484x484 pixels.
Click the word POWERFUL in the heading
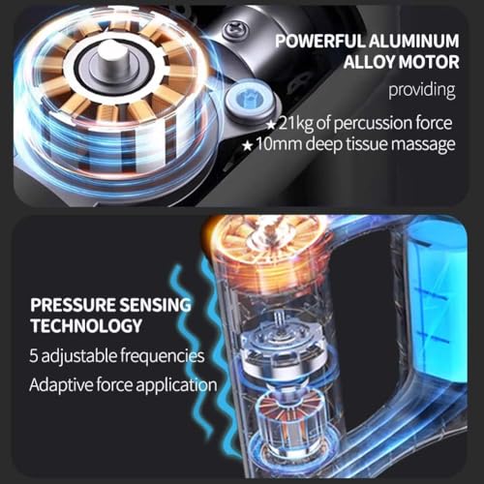320,42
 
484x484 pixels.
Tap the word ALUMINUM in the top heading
414,42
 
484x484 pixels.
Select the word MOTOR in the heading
432,62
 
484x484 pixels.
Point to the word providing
422,91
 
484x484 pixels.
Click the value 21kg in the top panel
295,123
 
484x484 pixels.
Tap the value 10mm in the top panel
280,143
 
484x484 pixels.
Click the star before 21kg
271,125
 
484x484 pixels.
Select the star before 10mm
248,146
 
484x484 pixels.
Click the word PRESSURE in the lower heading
73,305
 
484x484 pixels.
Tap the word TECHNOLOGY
86,325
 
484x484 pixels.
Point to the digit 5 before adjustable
34,355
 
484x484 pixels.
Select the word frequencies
163,356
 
